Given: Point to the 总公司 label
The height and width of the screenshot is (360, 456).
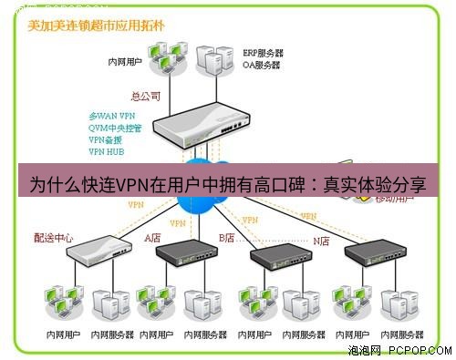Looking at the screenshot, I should coord(146,95).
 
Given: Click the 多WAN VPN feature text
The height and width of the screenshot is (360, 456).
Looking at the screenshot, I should coord(111,116).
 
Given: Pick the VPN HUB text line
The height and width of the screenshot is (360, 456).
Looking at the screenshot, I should coord(107,151).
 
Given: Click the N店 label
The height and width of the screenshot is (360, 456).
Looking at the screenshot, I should coord(322,240).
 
